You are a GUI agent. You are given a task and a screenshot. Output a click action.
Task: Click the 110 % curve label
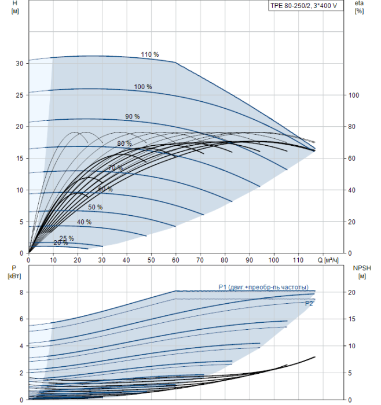pyautogui.click(x=149, y=54)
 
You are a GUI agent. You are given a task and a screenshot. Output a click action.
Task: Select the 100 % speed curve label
pyautogui.click(x=142, y=87)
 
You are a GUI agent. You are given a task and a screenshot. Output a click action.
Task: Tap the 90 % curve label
pyautogui.click(x=133, y=116)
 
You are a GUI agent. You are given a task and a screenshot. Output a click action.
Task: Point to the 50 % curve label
pyautogui.click(x=95, y=207)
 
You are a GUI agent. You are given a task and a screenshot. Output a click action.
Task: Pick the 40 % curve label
pyautogui.click(x=84, y=222)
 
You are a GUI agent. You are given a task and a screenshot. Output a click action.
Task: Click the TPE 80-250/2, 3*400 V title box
pyautogui.click(x=306, y=6)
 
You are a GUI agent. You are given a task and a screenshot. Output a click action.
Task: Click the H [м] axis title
pyautogui.click(x=15, y=7)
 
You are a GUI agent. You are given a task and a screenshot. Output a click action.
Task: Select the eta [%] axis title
pyautogui.click(x=359, y=7)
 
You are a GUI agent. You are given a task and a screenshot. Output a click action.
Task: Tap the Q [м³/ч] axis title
pyautogui.click(x=328, y=260)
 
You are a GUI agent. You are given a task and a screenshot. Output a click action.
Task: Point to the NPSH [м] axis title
pyautogui.click(x=362, y=272)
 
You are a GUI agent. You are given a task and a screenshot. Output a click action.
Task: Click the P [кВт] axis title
pyautogui.click(x=14, y=272)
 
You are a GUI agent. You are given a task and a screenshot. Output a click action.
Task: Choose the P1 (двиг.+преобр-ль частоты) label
pyautogui.click(x=263, y=287)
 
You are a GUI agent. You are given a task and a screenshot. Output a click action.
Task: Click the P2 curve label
pyautogui.click(x=309, y=304)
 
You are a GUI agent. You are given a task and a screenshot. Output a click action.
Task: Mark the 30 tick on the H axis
pyautogui.click(x=19, y=63)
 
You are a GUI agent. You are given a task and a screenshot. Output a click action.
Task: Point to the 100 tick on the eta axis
pyautogui.click(x=354, y=95)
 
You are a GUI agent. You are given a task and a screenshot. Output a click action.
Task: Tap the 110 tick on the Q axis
pyautogui.click(x=298, y=260)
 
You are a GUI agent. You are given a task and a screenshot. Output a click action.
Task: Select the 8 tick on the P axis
pyautogui.click(x=21, y=292)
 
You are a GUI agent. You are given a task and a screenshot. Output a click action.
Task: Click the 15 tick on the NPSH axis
pyautogui.click(x=352, y=319)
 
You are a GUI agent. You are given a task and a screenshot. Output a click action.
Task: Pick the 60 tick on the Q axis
pyautogui.click(x=175, y=260)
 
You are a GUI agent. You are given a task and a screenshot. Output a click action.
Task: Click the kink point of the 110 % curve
pyautogui.click(x=175, y=62)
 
